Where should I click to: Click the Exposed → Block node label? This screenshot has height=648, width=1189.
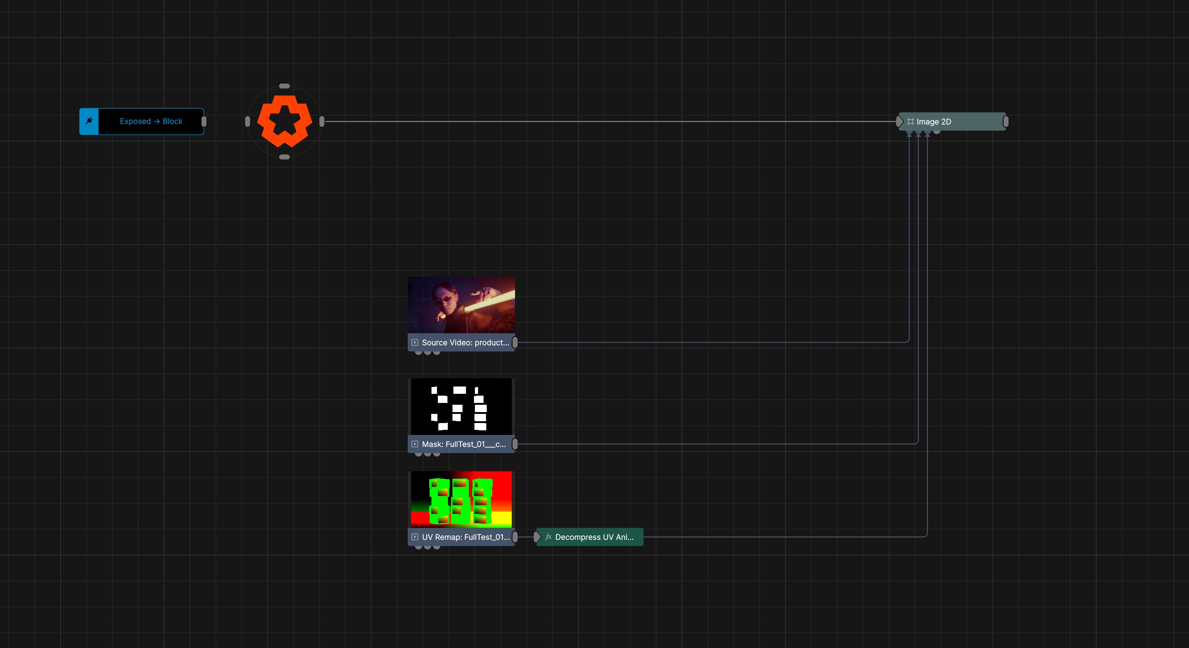click(x=151, y=121)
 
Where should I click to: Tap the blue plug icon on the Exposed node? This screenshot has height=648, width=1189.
click(x=89, y=121)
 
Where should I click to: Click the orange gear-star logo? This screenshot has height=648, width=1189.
click(x=284, y=121)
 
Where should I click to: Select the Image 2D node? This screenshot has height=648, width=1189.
click(x=952, y=122)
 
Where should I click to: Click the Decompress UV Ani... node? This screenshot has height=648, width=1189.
click(x=589, y=537)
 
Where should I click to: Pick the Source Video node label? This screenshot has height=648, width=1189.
click(x=465, y=343)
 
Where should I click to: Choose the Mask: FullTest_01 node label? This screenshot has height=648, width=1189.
click(x=464, y=444)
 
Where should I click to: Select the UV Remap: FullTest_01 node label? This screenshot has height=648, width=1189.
click(x=466, y=537)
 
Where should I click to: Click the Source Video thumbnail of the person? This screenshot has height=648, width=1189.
click(x=461, y=305)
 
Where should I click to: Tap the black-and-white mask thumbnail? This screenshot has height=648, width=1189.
click(x=461, y=406)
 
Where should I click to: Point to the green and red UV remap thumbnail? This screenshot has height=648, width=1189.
click(x=461, y=500)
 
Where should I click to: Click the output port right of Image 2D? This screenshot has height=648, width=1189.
click(x=1006, y=122)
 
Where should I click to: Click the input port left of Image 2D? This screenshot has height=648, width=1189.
click(x=899, y=122)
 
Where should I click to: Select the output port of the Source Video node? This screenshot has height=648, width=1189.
click(x=515, y=343)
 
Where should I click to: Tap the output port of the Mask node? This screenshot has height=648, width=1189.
click(x=515, y=444)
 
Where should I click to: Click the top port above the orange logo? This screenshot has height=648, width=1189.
click(x=284, y=86)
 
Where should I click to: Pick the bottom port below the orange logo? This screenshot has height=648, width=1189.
click(x=284, y=157)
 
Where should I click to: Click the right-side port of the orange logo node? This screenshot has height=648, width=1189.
click(x=322, y=122)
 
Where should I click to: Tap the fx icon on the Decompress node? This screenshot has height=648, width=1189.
click(x=548, y=537)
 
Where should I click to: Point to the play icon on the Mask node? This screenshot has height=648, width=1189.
click(x=415, y=444)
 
